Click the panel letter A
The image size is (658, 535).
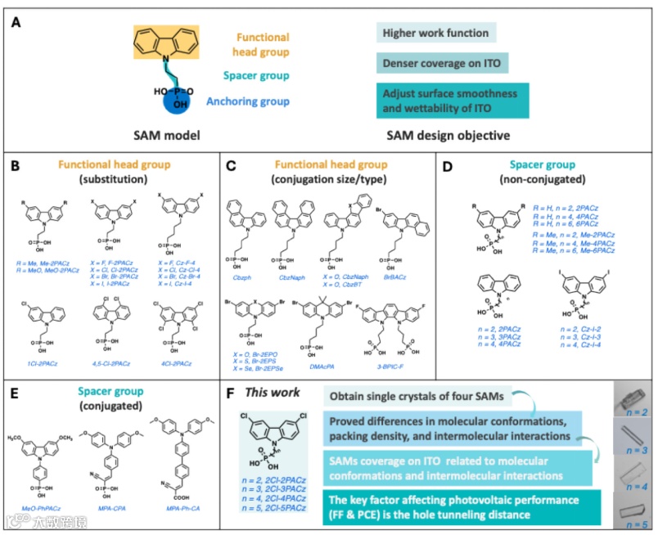[x=16, y=22]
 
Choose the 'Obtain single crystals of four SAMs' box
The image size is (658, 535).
[x=419, y=396]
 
